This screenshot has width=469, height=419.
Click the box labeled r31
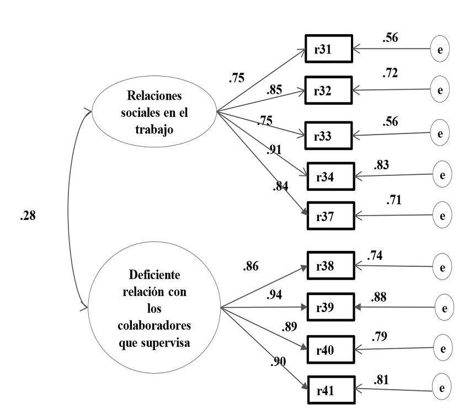click(328, 49)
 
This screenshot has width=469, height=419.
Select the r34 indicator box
click(329, 176)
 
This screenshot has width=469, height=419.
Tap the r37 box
click(329, 214)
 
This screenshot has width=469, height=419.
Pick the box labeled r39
click(329, 307)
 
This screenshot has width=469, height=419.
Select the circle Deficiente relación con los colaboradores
click(153, 307)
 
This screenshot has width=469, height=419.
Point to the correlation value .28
click(27, 216)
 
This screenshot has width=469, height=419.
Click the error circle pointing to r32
click(440, 90)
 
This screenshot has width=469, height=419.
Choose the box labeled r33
click(328, 134)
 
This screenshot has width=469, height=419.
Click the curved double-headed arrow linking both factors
click(72, 209)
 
